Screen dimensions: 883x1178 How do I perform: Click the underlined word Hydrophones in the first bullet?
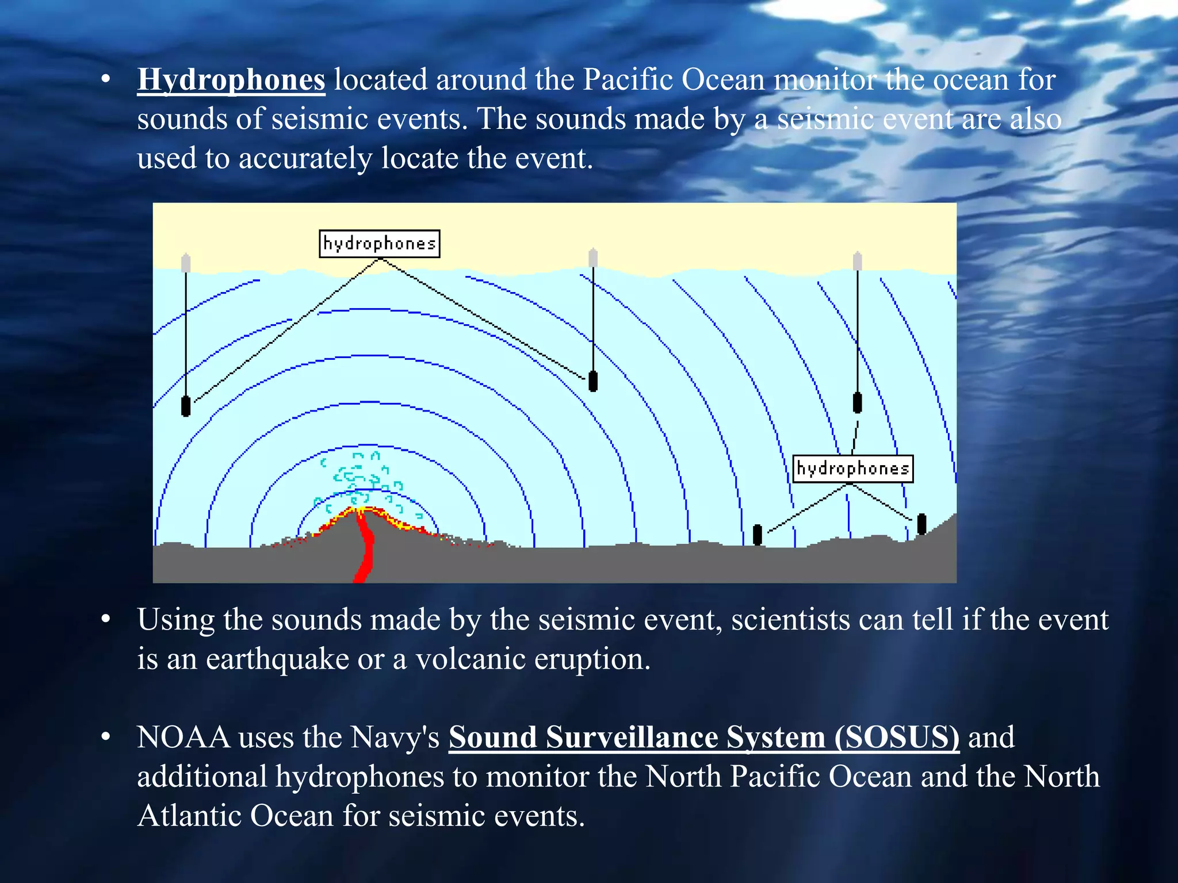pos(231,80)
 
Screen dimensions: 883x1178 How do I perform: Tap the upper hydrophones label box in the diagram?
pos(379,244)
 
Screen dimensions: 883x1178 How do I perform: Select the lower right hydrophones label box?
pos(852,469)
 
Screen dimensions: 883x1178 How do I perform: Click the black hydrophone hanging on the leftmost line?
pos(186,406)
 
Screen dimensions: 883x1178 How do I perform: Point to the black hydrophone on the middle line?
pos(593,381)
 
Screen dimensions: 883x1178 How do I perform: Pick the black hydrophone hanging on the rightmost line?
pos(857,402)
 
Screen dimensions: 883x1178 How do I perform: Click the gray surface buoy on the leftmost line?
pos(186,263)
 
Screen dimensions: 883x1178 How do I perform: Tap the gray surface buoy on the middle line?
pos(593,258)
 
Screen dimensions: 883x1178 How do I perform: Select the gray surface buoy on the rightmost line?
pos(857,261)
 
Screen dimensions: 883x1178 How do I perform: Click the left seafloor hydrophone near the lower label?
pos(758,535)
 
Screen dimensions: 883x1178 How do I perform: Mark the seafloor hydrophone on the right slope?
pos(921,524)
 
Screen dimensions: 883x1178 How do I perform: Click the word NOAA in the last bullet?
pos(183,738)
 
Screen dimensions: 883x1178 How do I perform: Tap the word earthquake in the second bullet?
pos(277,659)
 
